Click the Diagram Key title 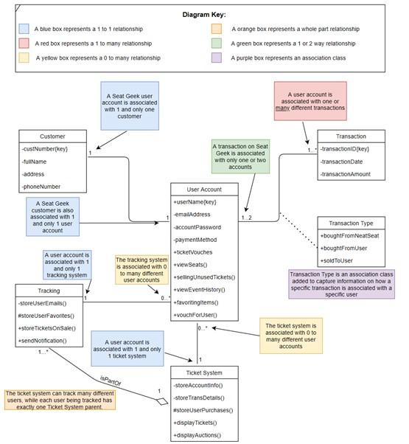204,14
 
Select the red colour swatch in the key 24,43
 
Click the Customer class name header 52,136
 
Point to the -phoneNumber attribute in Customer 42,187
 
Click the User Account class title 204,190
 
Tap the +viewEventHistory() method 203,288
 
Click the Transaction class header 351,136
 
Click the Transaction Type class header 351,223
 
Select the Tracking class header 49,291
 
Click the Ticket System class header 204,372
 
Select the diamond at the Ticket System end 162,400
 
